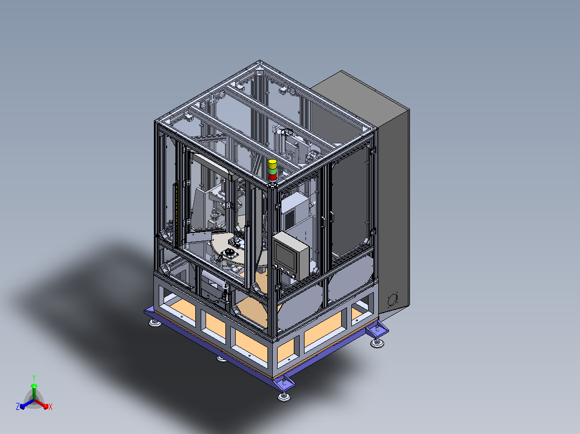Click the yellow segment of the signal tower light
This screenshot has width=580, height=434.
(x=273, y=164)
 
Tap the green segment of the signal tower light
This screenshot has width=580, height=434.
(x=273, y=171)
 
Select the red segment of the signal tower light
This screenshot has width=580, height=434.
(x=273, y=177)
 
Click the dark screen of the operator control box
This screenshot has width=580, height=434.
(x=285, y=257)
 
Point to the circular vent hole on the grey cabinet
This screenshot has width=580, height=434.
(x=392, y=300)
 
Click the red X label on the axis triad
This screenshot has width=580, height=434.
(x=51, y=407)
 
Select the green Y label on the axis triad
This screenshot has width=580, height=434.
(x=34, y=378)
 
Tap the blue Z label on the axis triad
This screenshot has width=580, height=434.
(x=18, y=406)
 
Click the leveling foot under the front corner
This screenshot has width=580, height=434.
(x=284, y=397)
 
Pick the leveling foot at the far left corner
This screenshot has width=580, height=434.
(x=155, y=323)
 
